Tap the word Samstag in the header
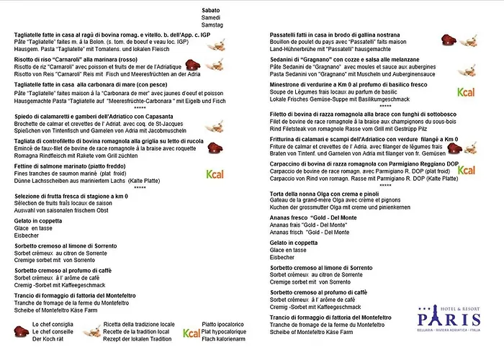[x=213, y=24]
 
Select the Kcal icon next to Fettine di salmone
[x=215, y=174]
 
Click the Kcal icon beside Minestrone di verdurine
[x=466, y=92]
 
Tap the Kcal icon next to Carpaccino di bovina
[x=466, y=171]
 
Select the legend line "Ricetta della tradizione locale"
[x=139, y=325]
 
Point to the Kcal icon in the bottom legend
[x=191, y=333]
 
